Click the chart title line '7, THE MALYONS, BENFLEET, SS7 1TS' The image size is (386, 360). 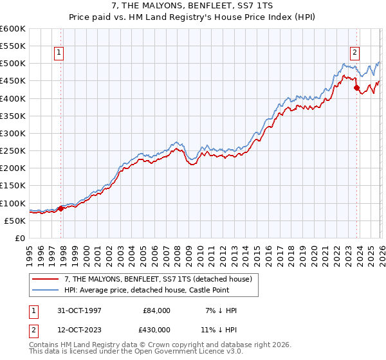pos(192,6)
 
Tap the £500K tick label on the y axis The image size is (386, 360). pos(13,64)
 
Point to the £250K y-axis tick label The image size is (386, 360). pos(13,151)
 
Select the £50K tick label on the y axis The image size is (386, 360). pos(15,221)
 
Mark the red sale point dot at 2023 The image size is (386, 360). pos(356,88)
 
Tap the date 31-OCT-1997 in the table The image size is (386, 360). pos(78,310)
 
